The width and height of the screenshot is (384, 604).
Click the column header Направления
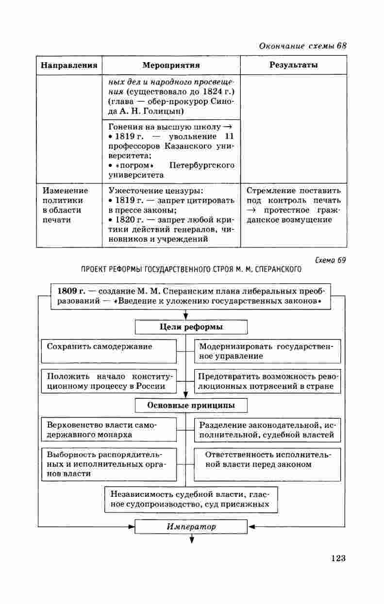click(68, 65)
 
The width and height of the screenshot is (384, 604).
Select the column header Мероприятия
click(171, 65)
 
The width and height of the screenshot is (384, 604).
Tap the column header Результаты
click(293, 65)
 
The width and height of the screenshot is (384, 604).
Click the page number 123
click(338, 558)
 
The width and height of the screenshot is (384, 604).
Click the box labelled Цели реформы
click(191, 327)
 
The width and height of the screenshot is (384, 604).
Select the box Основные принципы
click(191, 405)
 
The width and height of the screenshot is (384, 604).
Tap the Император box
click(191, 526)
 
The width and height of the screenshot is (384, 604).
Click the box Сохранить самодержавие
click(108, 351)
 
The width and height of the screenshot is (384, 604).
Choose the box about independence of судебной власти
click(191, 499)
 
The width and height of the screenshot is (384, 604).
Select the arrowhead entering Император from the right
click(251, 526)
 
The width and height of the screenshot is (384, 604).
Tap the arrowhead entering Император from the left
click(131, 526)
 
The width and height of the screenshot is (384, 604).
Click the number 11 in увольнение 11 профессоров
click(229, 136)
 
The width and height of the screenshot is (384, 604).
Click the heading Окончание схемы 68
click(302, 46)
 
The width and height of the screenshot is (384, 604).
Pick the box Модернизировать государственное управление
click(267, 351)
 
